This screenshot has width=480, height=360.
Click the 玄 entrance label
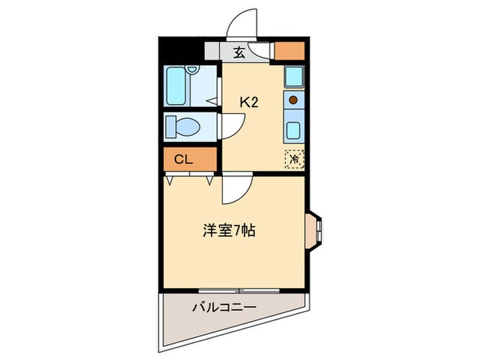click(x=239, y=51)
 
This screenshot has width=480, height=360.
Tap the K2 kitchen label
click(x=248, y=102)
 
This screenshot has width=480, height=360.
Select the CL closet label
click(x=183, y=160)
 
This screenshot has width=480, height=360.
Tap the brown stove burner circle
click(x=293, y=100)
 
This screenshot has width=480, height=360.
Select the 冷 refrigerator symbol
click(x=294, y=158)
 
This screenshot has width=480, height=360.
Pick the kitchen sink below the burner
click(x=294, y=128)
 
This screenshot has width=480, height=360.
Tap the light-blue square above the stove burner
click(x=294, y=75)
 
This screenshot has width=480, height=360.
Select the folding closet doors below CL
click(x=189, y=179)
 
